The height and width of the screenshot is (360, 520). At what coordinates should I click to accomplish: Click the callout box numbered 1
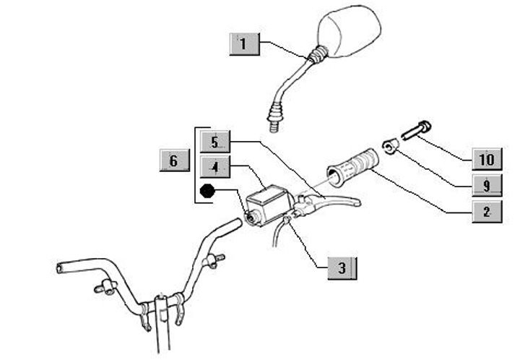(x=243, y=44)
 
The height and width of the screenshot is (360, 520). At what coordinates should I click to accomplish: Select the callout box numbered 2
(x=487, y=212)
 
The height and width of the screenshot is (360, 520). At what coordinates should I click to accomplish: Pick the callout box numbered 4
(x=215, y=168)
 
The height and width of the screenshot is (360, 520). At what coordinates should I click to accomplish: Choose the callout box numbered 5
(x=215, y=141)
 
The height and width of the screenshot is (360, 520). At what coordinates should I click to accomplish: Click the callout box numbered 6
(x=173, y=160)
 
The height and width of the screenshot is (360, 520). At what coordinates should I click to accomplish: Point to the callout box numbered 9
(x=487, y=185)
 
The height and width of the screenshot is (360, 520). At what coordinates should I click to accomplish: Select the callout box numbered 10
(x=487, y=159)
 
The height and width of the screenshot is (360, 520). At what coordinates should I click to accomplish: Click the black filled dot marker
(x=208, y=192)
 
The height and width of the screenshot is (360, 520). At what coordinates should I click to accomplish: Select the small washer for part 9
(x=391, y=147)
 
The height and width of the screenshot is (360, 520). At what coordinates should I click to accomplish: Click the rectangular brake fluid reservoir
(x=267, y=200)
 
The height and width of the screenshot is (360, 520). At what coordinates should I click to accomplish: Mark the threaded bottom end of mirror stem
(x=274, y=125)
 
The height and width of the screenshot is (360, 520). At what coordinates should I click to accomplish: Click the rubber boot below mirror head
(x=318, y=53)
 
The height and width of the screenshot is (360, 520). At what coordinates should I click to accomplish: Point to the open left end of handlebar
(x=60, y=268)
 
